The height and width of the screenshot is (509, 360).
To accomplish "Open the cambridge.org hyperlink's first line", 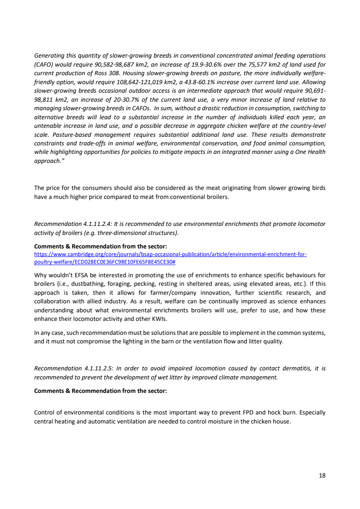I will [x=171, y=254].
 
